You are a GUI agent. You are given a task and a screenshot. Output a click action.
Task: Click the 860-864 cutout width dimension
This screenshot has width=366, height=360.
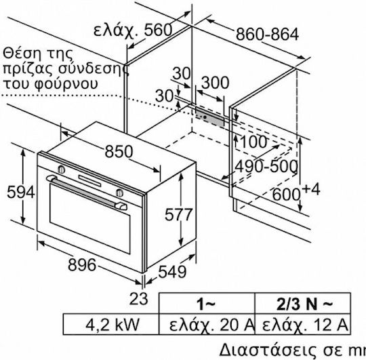[x=267, y=34]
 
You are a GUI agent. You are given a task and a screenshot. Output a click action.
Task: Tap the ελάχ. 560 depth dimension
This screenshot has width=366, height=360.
[x=133, y=30]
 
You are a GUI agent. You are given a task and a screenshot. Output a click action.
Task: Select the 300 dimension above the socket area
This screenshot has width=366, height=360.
[x=215, y=83]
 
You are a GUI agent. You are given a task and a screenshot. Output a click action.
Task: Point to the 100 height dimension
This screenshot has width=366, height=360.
[x=253, y=142]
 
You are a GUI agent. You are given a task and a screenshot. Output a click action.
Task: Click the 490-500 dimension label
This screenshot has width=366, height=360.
[x=266, y=166]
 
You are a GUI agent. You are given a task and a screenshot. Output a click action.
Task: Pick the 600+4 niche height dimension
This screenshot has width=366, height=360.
[x=296, y=192]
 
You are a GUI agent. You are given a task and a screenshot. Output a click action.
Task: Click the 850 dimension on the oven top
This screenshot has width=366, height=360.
[x=119, y=151]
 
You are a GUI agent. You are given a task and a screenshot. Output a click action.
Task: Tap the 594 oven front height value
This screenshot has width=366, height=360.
[x=21, y=193]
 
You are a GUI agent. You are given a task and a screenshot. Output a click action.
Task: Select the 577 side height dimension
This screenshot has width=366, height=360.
[x=178, y=214]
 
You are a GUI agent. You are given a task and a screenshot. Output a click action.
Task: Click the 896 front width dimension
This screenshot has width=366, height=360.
[x=82, y=265]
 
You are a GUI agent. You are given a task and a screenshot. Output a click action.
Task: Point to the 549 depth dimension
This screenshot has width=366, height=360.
[x=172, y=272]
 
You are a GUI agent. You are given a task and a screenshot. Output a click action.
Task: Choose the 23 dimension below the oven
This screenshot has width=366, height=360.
[x=138, y=298]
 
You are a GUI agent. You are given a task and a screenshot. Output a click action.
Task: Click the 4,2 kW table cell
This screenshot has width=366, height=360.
[x=111, y=324]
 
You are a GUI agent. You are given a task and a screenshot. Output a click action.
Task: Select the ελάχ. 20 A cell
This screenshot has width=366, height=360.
[x=207, y=324]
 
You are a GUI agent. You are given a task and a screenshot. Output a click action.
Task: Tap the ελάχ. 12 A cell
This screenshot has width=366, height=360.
[x=303, y=324]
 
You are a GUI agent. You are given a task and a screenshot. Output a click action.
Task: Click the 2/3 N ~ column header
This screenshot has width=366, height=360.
[x=303, y=304]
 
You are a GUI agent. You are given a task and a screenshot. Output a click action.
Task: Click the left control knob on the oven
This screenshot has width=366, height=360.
[x=61, y=169]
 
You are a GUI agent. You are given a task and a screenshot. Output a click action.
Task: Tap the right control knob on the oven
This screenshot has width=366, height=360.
[x=119, y=192]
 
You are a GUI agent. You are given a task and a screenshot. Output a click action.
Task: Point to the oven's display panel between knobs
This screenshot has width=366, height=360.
[x=90, y=181]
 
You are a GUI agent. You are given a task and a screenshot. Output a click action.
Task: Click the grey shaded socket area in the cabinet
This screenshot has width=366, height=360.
[x=209, y=117]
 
